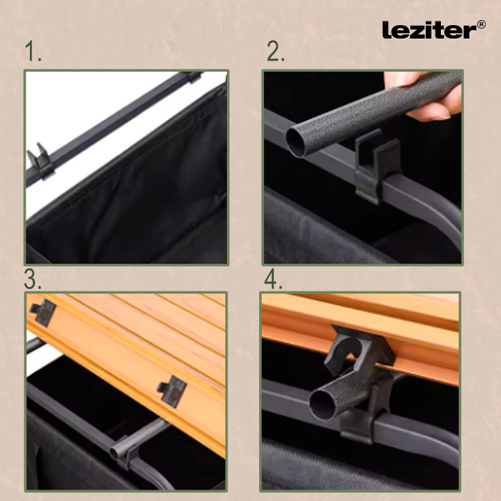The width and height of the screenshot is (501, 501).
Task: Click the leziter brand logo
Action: [x=428, y=29]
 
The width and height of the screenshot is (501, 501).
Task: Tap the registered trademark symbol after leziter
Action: [x=480, y=24]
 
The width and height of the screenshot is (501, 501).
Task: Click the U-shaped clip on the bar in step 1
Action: [x=39, y=162]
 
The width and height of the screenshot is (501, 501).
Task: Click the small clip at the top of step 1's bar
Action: [x=193, y=77]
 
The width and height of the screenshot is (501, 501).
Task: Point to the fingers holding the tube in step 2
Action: [x=429, y=100]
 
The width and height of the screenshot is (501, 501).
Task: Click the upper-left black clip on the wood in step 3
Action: [x=43, y=311]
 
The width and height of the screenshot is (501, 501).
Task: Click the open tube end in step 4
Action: [x=324, y=404]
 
